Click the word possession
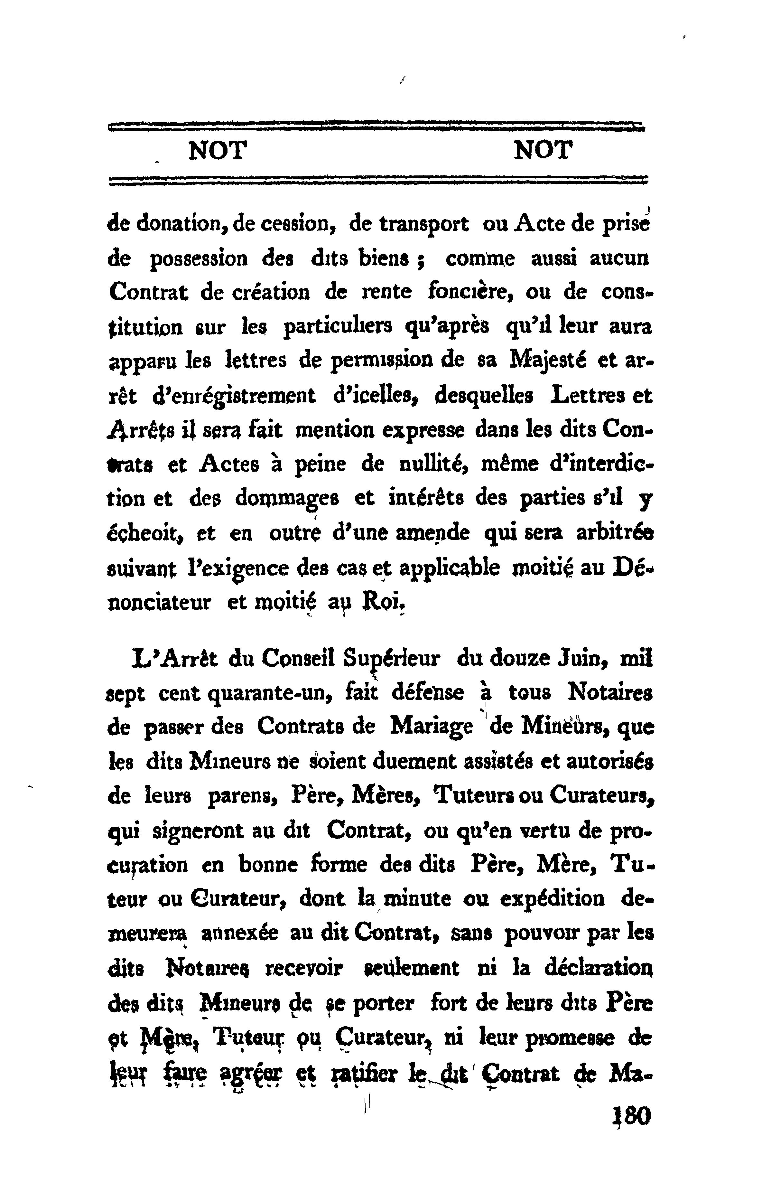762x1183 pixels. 199,259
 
